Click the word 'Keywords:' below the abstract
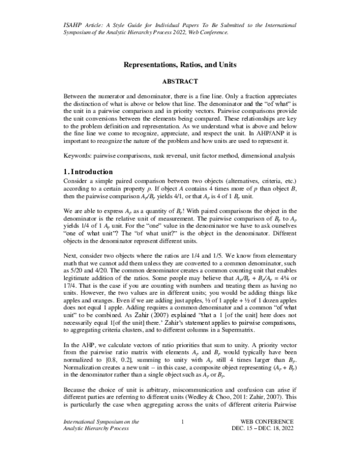(x=79, y=156)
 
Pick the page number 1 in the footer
(x=181, y=440)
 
